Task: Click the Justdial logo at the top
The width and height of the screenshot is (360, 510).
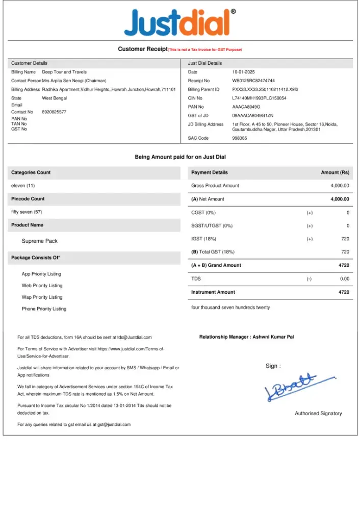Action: coord(177,23)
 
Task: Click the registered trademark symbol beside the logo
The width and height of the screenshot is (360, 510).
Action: coord(234,11)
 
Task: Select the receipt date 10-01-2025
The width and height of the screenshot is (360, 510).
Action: coord(243,72)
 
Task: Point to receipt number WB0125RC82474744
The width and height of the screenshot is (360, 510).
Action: coord(253,81)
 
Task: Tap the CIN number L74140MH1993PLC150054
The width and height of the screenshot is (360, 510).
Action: coord(259,98)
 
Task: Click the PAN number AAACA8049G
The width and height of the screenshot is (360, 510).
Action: coord(246,107)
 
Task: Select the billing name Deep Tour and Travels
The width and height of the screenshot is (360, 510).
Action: coord(64,72)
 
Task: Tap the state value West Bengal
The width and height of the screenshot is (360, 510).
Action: coord(55,98)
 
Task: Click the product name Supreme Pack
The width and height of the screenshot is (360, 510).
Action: coord(40,241)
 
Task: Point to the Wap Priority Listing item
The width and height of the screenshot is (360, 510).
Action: coord(42,297)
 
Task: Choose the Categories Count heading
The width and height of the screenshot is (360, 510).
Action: coord(31,172)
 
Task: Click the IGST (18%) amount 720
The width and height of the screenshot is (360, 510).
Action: coord(345,239)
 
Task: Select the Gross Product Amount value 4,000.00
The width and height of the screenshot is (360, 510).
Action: coord(340,186)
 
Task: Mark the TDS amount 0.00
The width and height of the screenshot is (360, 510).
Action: coord(345,279)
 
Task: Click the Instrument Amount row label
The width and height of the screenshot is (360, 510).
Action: coord(213,292)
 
